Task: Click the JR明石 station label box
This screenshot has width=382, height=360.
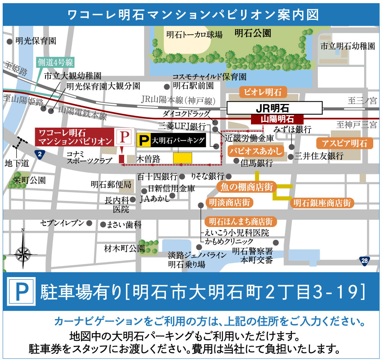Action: pyautogui.click(x=275, y=107)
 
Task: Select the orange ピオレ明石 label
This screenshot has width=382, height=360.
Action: pyautogui.click(x=262, y=92)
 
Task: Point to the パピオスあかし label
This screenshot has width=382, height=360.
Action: pyautogui.click(x=256, y=151)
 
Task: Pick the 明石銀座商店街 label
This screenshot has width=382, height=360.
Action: pyautogui.click(x=322, y=203)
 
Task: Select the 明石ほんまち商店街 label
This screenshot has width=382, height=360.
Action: pyautogui.click(x=241, y=222)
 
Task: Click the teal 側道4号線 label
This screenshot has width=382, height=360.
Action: pyautogui.click(x=55, y=62)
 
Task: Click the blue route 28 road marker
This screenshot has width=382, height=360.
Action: pyautogui.click(x=365, y=261)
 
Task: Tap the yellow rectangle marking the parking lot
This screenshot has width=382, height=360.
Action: pyautogui.click(x=182, y=158)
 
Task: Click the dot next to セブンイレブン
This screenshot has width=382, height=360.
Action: pyautogui.click(x=89, y=223)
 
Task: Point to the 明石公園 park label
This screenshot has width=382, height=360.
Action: pyautogui.click(x=253, y=34)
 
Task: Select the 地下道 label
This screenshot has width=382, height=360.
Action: pyautogui.click(x=17, y=164)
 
